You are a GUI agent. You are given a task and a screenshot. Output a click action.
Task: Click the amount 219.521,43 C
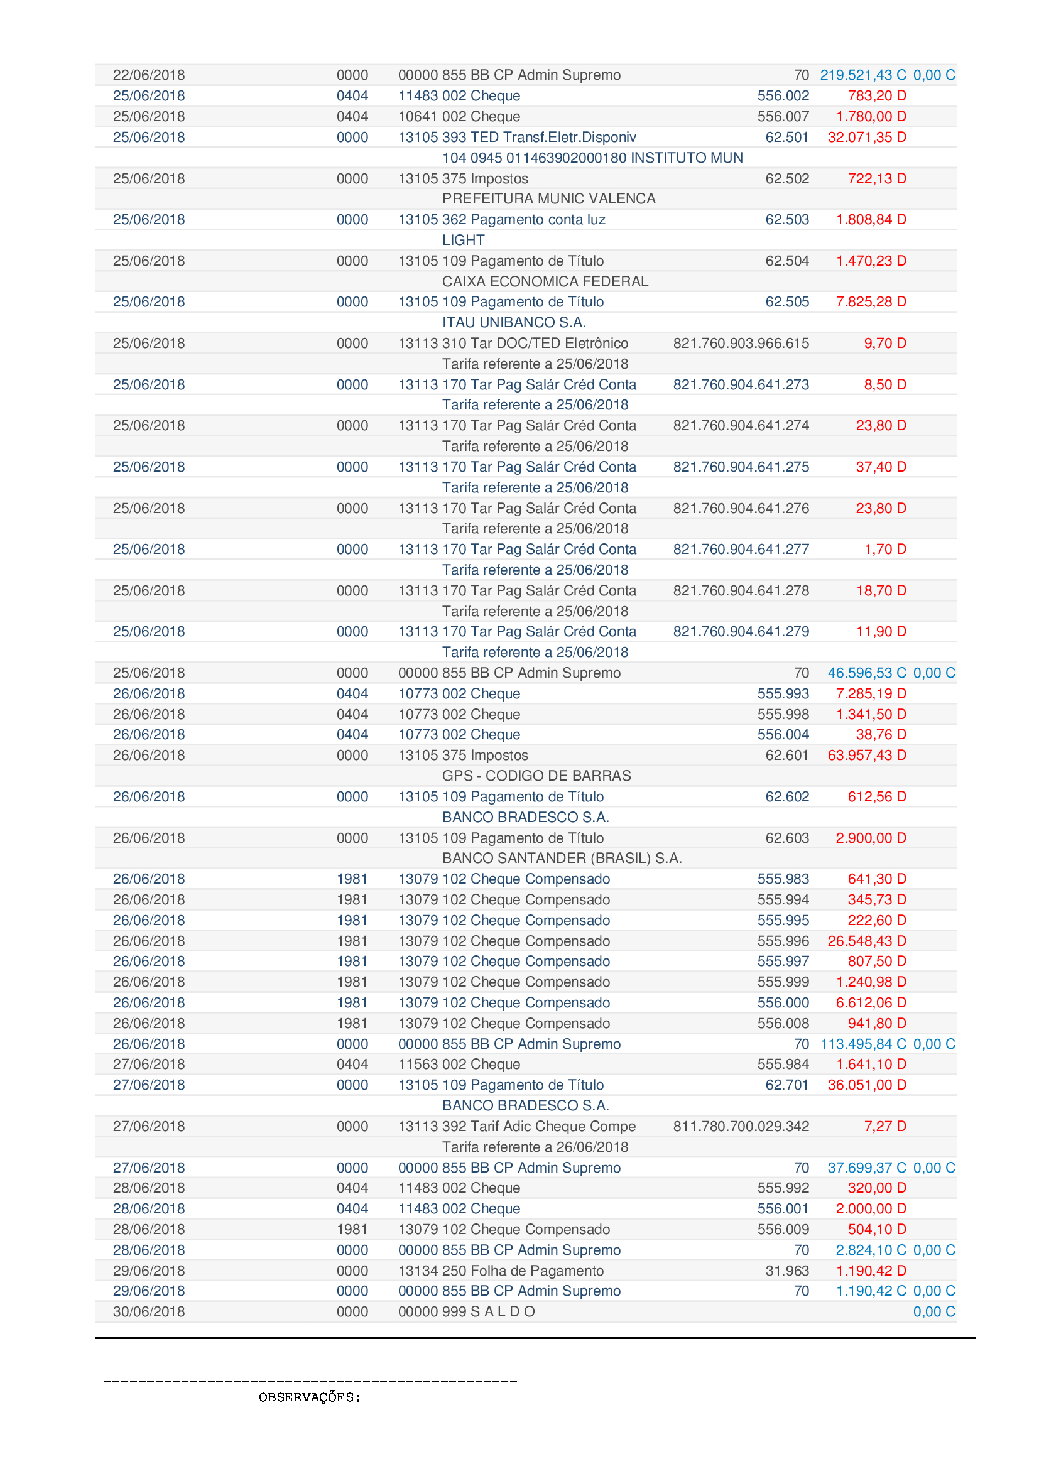click(x=862, y=75)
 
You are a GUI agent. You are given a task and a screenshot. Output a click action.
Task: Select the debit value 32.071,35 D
click(x=866, y=137)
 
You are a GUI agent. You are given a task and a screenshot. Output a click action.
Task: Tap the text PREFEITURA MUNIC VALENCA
click(x=548, y=198)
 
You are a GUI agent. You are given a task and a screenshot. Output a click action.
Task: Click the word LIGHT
click(x=463, y=240)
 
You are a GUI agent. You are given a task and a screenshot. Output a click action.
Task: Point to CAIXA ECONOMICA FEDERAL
click(x=545, y=281)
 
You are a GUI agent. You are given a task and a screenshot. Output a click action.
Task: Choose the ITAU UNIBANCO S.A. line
click(x=514, y=322)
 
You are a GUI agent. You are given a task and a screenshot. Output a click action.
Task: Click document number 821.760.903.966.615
click(x=740, y=343)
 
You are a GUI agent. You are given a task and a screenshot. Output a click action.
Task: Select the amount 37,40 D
click(x=880, y=467)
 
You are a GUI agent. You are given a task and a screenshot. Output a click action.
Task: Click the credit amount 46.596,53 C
click(x=866, y=673)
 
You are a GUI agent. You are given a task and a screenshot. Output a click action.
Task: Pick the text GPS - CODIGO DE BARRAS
click(x=536, y=776)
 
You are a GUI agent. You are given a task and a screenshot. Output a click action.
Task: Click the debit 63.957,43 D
click(x=866, y=755)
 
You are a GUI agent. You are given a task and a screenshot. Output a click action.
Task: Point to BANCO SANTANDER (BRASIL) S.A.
click(x=562, y=858)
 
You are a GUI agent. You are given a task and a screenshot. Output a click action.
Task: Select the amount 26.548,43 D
click(x=866, y=941)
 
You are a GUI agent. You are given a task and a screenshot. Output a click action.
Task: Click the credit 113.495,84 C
click(x=862, y=1044)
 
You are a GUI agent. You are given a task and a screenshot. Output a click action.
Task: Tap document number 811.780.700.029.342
click(x=740, y=1126)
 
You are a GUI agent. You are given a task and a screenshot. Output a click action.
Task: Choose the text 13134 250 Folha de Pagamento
click(x=500, y=1271)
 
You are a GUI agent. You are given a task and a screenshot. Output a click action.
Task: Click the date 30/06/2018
click(x=148, y=1311)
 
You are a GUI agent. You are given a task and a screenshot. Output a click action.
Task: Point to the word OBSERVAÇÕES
click(x=309, y=1397)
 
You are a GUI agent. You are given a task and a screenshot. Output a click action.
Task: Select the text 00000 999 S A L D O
click(x=465, y=1311)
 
